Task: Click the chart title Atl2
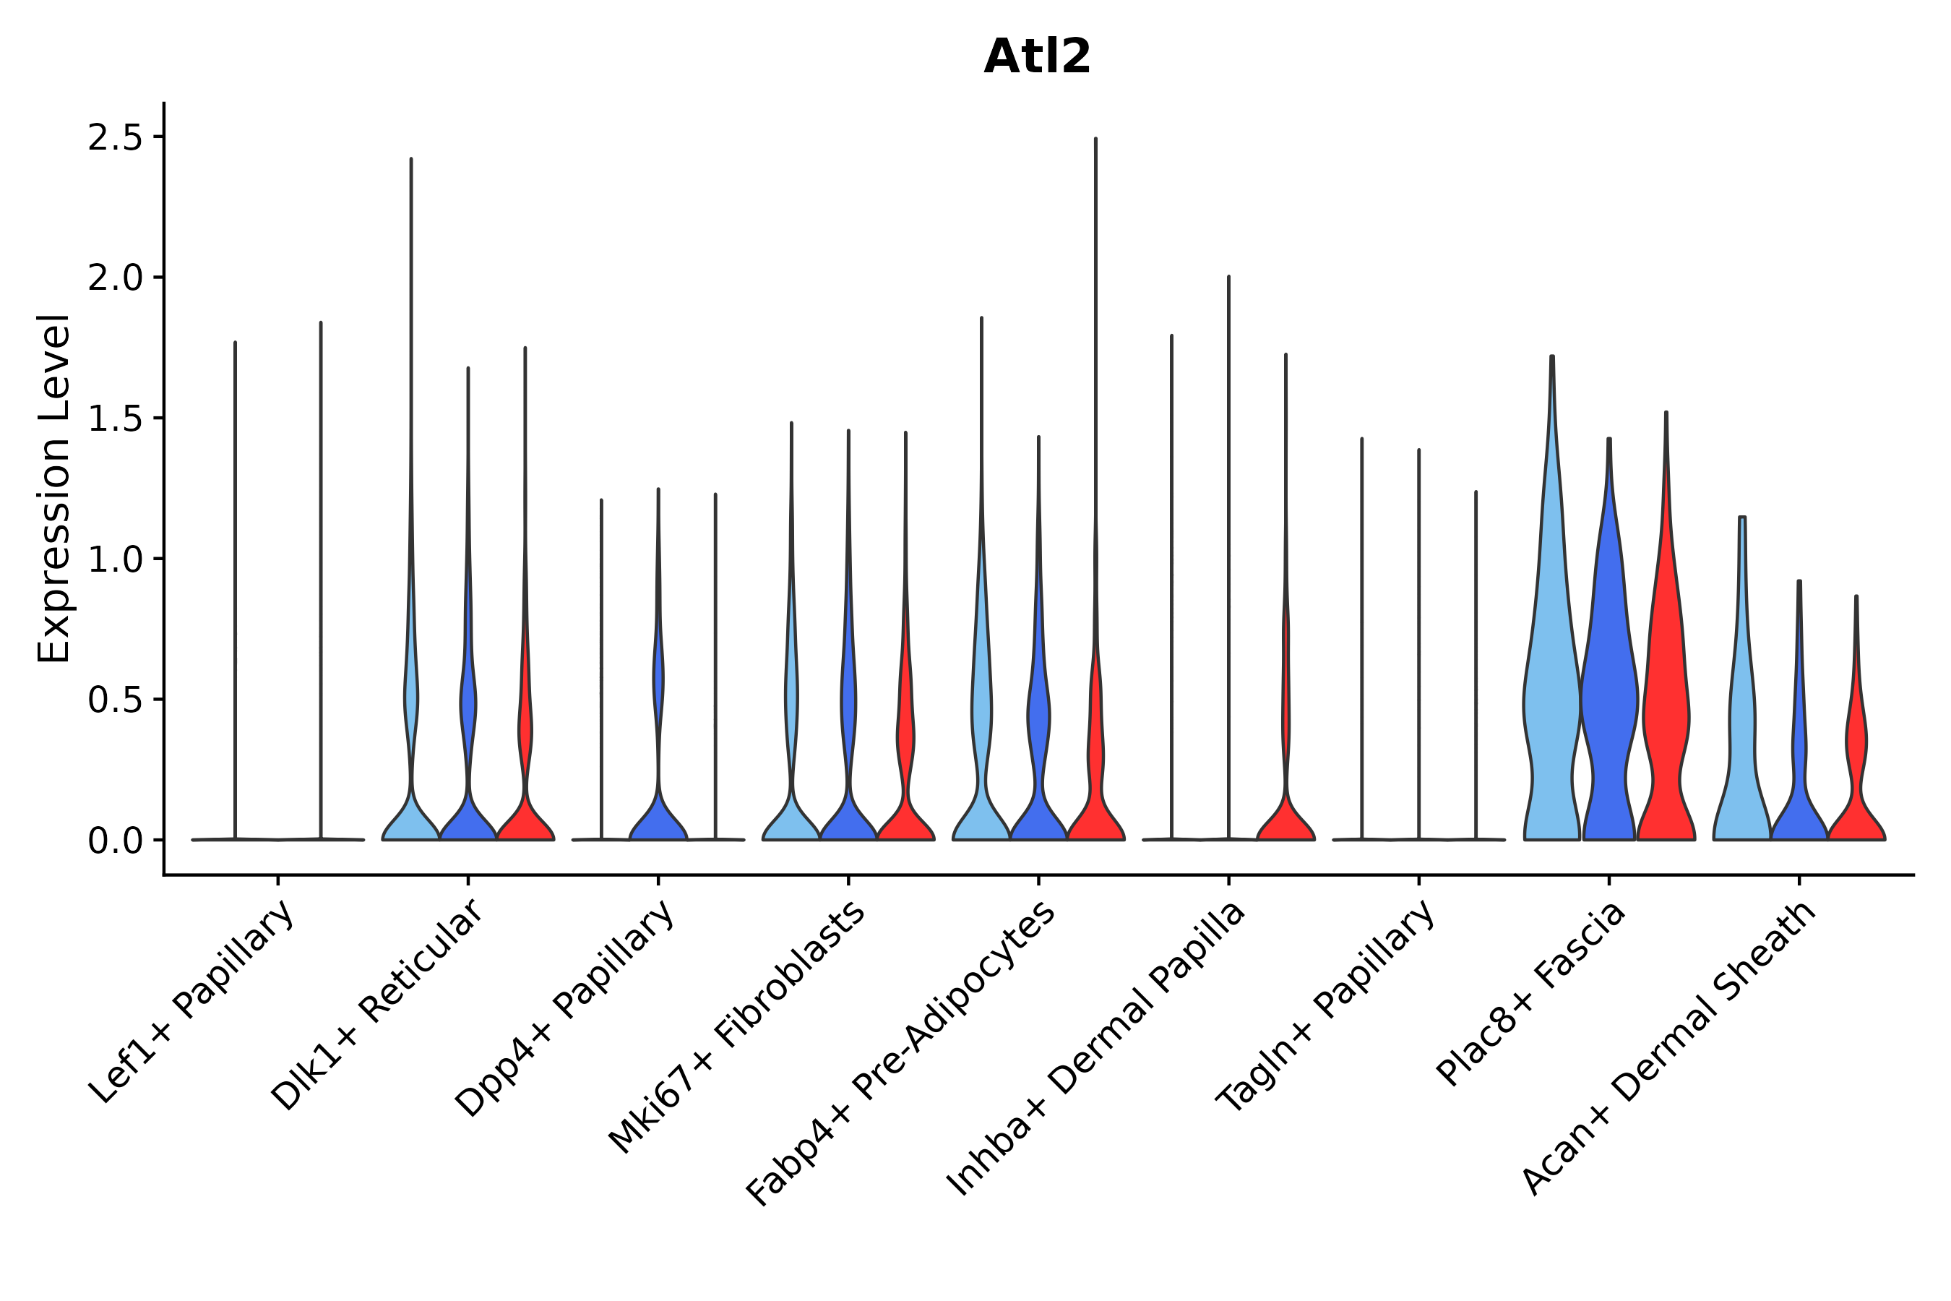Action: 1036,57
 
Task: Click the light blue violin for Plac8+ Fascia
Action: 1551,705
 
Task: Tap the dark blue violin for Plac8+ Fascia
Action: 1608,705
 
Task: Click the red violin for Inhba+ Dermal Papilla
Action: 1285,821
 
